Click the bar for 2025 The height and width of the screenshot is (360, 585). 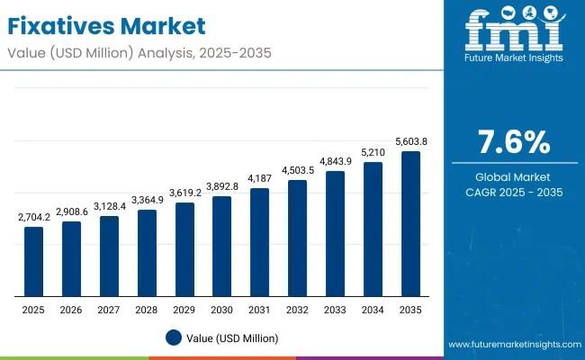tap(33, 261)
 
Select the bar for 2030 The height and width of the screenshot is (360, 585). tap(221, 246)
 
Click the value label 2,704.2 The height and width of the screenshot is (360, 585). tap(33, 217)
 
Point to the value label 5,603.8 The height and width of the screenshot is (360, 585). tap(410, 141)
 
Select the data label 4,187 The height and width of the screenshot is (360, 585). tap(259, 178)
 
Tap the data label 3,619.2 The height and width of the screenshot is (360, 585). tap(184, 193)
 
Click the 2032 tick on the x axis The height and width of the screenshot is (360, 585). tap(297, 309)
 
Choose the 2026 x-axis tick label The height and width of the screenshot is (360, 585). tap(71, 309)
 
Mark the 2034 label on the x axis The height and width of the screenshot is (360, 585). tap(373, 309)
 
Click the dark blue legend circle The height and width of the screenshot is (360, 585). tap(175, 337)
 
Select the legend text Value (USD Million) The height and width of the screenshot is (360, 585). tap(234, 337)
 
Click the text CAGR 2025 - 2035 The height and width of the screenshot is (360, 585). tap(512, 193)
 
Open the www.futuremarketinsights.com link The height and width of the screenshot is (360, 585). tap(512, 345)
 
